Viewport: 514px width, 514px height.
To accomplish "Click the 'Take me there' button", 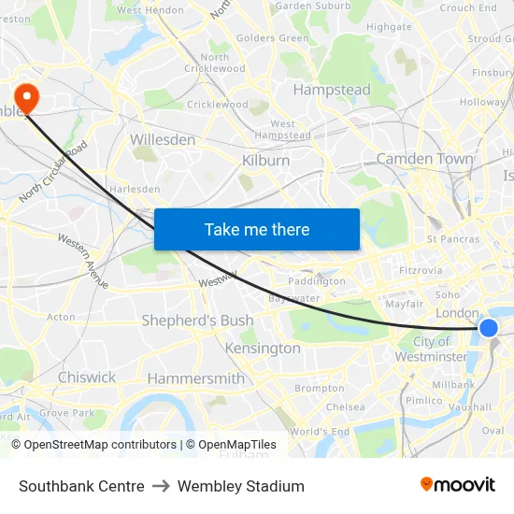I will (257, 230).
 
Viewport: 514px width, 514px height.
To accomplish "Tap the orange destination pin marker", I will (26, 96).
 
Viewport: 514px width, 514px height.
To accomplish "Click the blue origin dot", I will (488, 327).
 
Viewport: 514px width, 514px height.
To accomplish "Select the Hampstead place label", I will (332, 91).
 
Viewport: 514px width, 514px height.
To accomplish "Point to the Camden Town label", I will (424, 159).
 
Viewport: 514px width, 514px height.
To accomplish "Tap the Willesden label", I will (163, 139).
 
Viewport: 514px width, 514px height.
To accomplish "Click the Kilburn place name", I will (265, 161).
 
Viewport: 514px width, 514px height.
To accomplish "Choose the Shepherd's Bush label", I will (197, 321).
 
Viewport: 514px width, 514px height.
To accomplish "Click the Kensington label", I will (263, 349).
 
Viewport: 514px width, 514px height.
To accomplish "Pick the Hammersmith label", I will (195, 378).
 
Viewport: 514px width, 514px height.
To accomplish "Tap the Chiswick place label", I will (87, 378).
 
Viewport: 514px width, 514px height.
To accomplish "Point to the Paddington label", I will (317, 280).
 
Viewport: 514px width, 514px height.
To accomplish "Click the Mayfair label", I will (405, 304).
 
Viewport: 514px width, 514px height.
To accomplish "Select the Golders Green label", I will (273, 38).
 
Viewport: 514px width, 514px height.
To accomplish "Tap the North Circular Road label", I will (54, 172).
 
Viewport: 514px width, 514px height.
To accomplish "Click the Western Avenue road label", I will (83, 260).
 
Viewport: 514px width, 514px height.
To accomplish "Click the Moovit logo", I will (458, 485).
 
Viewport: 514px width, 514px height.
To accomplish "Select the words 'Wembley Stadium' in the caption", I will (241, 486).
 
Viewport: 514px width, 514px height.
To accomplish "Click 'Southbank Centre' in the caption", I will (81, 486).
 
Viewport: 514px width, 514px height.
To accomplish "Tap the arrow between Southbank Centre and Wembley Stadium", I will (161, 486).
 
